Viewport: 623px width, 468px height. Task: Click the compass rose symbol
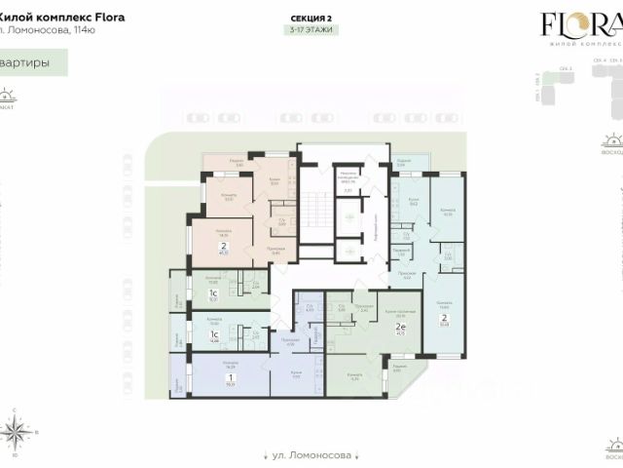click(16, 430)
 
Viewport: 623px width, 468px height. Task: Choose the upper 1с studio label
click(212, 293)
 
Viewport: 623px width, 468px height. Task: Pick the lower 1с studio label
click(212, 334)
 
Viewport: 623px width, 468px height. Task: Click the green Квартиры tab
click(34, 61)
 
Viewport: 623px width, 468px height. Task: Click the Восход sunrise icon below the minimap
click(613, 142)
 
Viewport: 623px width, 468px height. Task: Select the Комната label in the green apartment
click(355, 376)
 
